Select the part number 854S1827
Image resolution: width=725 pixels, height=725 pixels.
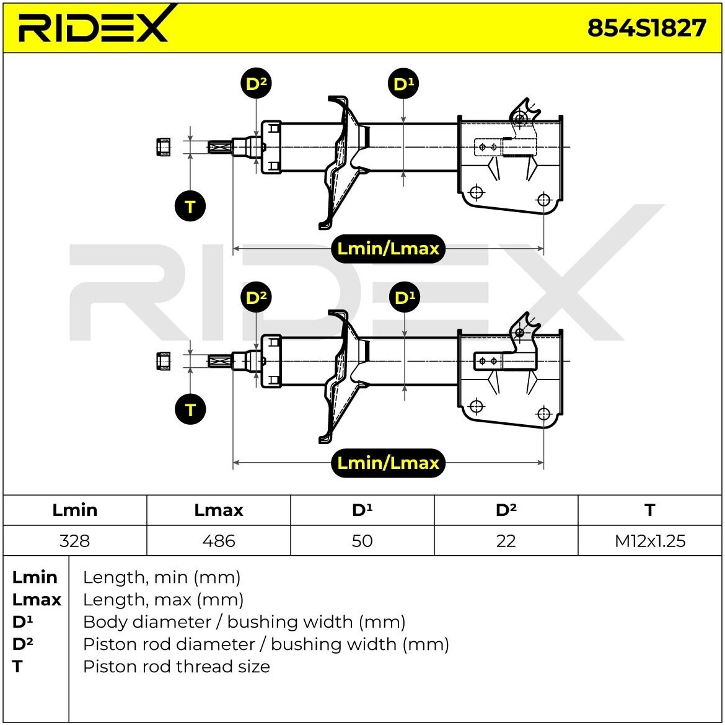(646, 28)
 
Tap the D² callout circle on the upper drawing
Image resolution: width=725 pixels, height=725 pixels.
(256, 84)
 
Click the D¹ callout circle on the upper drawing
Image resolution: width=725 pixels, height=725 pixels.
(403, 84)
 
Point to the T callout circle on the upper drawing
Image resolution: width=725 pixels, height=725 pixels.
(190, 206)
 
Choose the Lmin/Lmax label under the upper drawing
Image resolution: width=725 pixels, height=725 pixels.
(388, 249)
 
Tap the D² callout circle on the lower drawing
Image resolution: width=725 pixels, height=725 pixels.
(256, 297)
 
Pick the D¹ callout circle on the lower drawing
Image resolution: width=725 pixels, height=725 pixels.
(405, 297)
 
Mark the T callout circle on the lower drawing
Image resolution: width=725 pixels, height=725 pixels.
(190, 409)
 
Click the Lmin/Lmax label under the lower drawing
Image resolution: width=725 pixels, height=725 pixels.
(388, 463)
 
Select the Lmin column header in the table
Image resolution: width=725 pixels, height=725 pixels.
(75, 510)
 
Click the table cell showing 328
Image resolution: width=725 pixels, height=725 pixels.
(75, 540)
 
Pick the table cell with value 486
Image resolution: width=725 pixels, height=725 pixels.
(219, 540)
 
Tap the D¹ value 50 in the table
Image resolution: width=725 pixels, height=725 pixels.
(362, 540)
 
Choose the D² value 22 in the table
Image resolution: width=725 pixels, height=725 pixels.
(506, 540)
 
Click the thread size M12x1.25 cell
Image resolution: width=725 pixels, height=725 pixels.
(649, 540)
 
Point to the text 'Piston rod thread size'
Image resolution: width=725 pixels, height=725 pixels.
(176, 667)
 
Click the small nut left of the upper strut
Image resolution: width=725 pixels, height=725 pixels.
(162, 146)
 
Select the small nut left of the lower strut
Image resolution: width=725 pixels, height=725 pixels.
(163, 361)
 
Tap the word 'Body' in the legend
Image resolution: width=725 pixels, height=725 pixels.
(101, 622)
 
